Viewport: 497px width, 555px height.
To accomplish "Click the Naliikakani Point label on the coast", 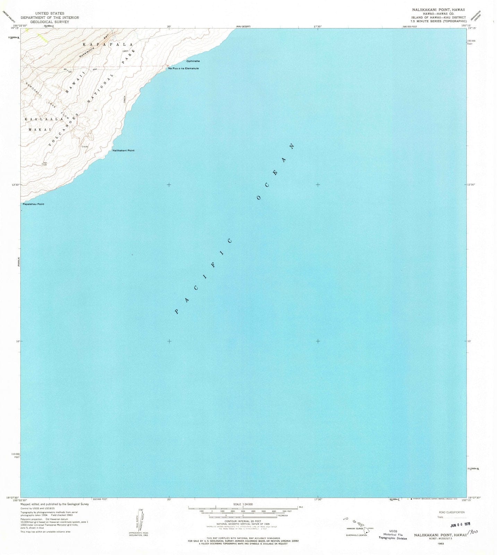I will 123,151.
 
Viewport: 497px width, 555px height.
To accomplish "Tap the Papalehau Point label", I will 33,204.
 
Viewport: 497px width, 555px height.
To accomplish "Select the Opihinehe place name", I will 193,61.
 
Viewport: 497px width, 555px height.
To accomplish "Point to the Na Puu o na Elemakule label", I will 183,68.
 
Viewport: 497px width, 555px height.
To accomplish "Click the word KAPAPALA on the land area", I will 108,45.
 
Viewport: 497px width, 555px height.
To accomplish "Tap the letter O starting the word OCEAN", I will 258,198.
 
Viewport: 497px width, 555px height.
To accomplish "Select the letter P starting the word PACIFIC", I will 177,311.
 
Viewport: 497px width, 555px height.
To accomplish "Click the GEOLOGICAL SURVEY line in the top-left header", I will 50,22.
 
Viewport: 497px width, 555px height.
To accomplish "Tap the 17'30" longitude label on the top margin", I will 318,26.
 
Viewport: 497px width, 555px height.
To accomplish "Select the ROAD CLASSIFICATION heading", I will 452,512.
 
